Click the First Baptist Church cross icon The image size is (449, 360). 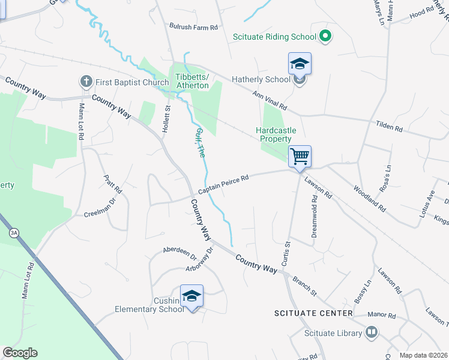click(86, 82)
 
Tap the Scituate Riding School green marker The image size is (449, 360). click(325, 37)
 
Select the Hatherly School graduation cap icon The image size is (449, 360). click(300, 64)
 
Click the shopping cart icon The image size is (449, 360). click(300, 157)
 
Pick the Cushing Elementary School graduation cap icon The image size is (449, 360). click(191, 296)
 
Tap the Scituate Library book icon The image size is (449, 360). click(372, 332)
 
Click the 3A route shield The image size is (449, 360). click(13, 232)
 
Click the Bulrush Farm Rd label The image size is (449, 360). click(193, 27)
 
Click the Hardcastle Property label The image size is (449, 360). click(277, 134)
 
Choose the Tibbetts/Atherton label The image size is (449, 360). click(192, 81)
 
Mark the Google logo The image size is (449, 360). click(20, 353)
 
